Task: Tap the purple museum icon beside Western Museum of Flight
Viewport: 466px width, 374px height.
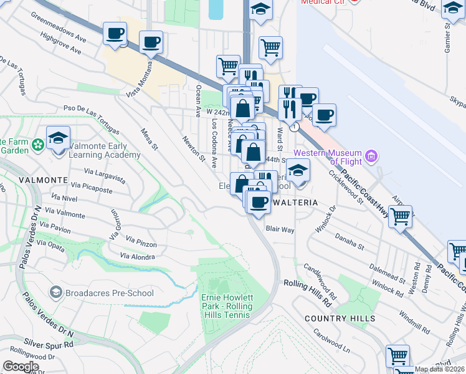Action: tap(372, 155)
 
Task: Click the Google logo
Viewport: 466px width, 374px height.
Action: tap(21, 366)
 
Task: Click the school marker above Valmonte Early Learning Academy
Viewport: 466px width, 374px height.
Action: tap(58, 138)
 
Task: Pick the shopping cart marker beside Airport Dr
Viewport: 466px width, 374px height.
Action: tap(401, 217)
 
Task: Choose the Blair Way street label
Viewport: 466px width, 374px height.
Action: tap(280, 229)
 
